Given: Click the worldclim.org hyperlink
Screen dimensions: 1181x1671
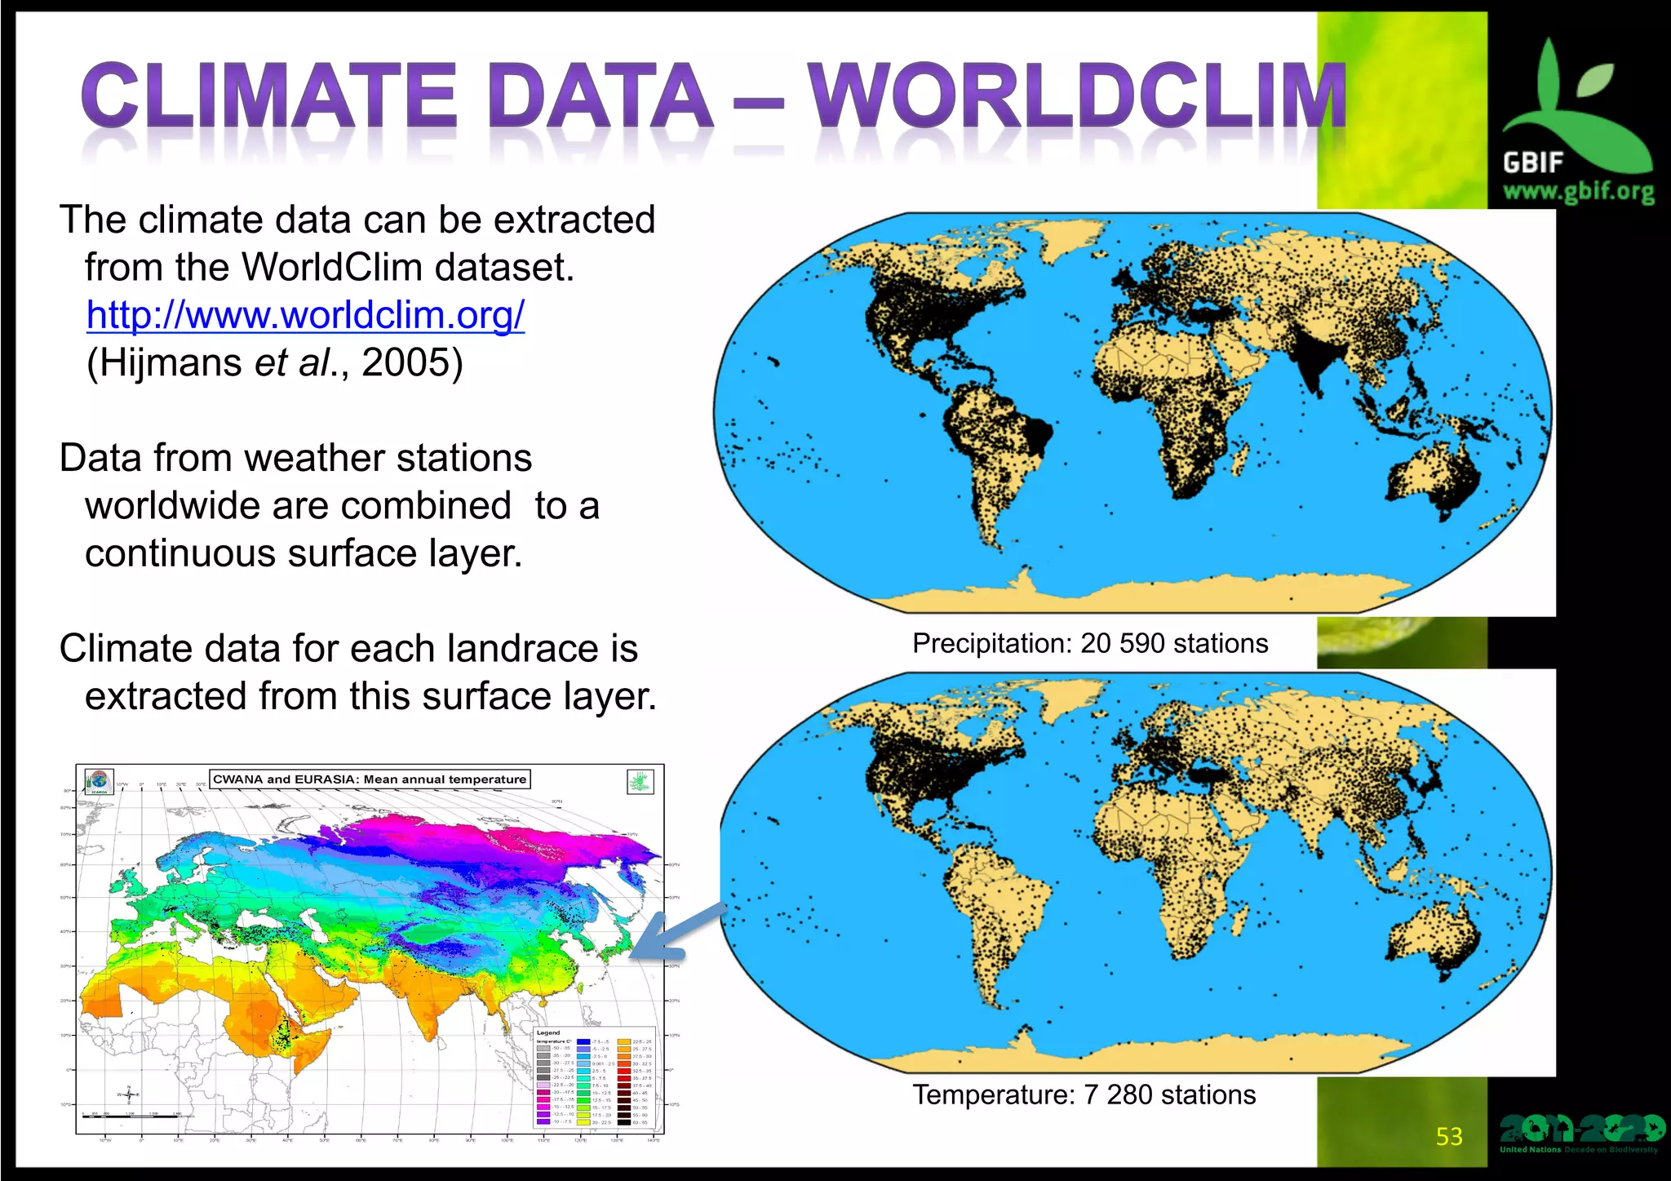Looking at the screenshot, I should (x=305, y=315).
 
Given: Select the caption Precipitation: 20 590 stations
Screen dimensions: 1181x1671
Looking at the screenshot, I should (x=1090, y=643).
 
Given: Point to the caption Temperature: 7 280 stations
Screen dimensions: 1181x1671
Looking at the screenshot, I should (x=1084, y=1094).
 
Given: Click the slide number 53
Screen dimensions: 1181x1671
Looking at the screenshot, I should (x=1449, y=1136).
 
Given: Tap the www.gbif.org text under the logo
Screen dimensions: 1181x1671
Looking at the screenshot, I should (x=1578, y=193).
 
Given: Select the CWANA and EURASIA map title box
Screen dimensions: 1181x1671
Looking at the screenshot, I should (x=370, y=779).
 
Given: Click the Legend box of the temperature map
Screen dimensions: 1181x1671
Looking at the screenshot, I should (x=594, y=1077).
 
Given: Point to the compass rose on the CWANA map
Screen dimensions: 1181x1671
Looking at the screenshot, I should (x=128, y=1094).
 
